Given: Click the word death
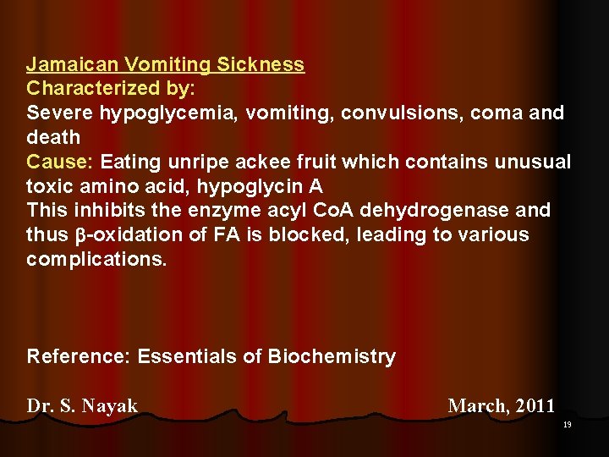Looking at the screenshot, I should [x=53, y=137].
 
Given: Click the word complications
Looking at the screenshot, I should [x=96, y=259].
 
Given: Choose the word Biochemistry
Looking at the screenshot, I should [x=332, y=356].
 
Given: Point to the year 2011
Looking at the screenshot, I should [x=535, y=406].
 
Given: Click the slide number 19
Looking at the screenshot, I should [x=567, y=425].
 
